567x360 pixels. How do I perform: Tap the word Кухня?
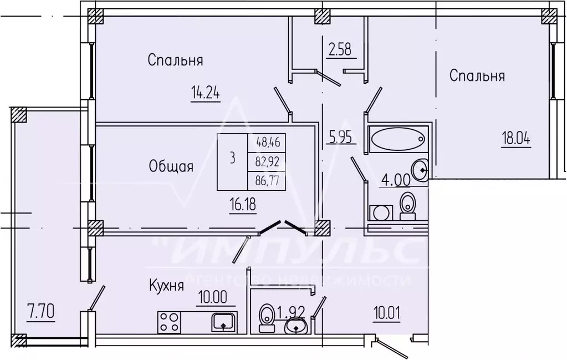click(x=166, y=286)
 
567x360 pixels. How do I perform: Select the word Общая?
click(x=171, y=166)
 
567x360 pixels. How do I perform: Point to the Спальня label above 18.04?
click(x=477, y=75)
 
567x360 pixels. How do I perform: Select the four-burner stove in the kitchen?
click(x=168, y=322)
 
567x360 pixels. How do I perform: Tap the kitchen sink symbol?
click(x=223, y=322)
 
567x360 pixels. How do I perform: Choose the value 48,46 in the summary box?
click(x=268, y=143)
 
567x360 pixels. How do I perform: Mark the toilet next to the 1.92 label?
click(x=265, y=317)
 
